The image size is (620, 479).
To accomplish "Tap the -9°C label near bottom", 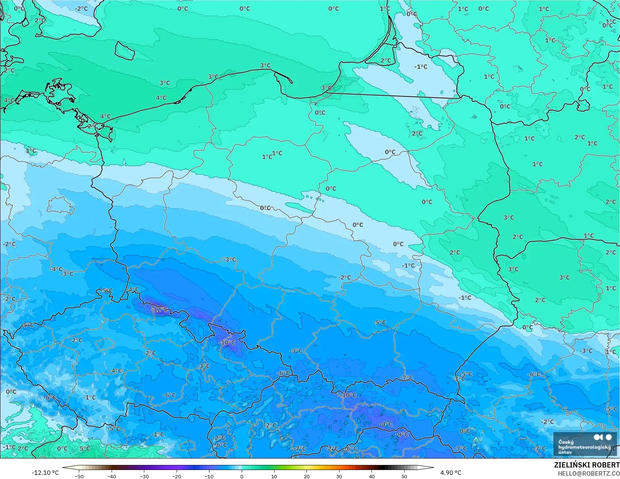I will click(401, 434).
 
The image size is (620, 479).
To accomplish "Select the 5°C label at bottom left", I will click(84, 448).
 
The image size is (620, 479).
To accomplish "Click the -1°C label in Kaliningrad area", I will click(421, 67).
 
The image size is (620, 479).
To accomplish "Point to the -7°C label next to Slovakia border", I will click(407, 378).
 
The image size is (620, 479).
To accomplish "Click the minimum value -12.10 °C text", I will click(45, 473).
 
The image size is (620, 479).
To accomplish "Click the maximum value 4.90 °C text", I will click(451, 473).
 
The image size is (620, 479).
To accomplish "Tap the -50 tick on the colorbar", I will click(79, 476).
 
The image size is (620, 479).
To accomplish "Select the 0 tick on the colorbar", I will click(242, 476).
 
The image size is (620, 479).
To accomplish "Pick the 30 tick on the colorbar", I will click(339, 476).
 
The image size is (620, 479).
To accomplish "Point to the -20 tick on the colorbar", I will click(177, 476).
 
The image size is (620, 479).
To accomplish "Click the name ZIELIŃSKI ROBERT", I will click(587, 465).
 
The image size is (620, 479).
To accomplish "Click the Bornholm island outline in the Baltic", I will click(124, 51).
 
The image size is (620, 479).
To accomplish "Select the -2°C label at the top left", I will click(81, 9).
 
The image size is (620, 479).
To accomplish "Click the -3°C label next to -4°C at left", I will click(67, 274).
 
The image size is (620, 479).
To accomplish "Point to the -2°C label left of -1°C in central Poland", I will click(344, 277).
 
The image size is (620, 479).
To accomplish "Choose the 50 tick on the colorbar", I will click(404, 476).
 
